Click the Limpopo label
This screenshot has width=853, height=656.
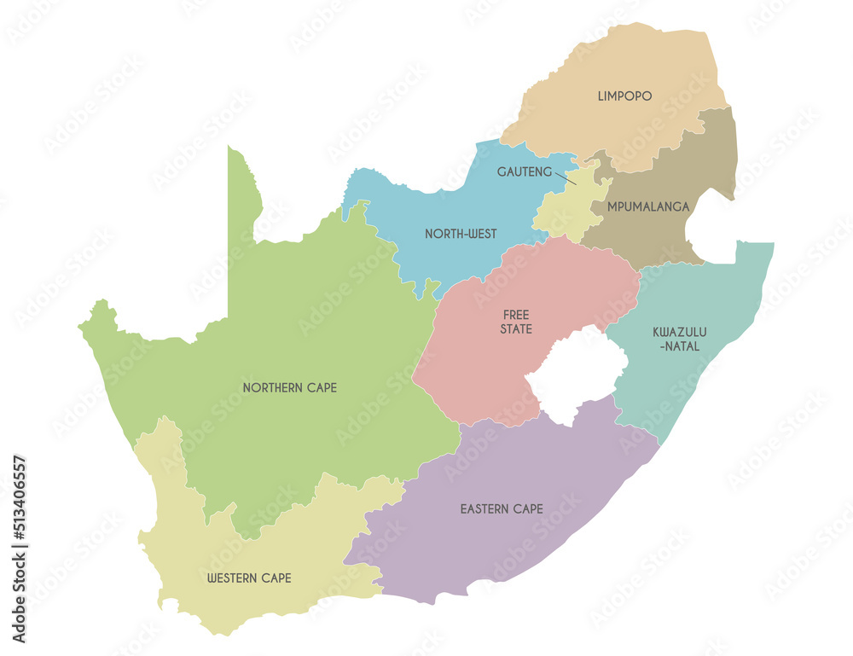[x=624, y=96]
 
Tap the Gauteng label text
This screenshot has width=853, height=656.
[x=524, y=171]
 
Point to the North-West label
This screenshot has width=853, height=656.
[x=461, y=234]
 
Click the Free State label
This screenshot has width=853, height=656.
[x=517, y=322]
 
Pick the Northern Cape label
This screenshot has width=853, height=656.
[x=289, y=387]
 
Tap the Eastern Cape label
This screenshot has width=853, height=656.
[x=502, y=509]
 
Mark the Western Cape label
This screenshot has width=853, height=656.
[x=249, y=578]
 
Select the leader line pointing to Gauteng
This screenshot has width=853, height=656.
[x=566, y=177]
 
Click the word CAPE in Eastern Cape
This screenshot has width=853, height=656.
[x=527, y=509]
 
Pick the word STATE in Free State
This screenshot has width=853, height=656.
[x=517, y=329]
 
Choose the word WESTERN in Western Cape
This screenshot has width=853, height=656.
[x=232, y=578]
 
